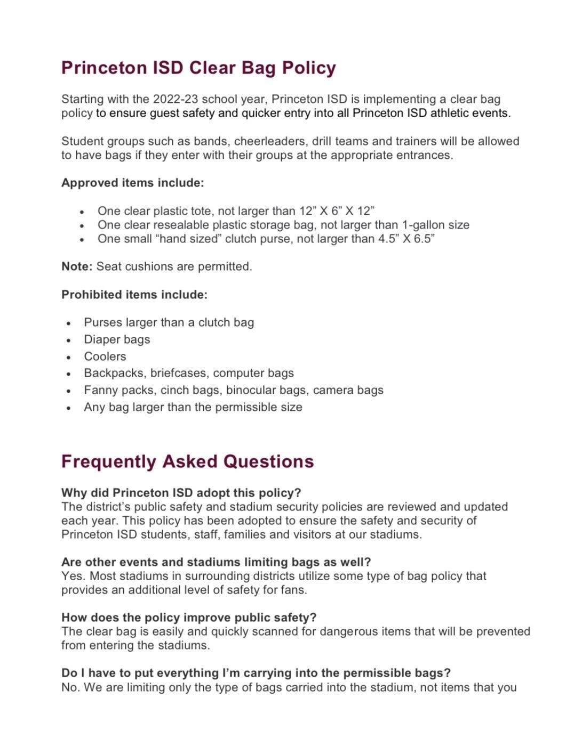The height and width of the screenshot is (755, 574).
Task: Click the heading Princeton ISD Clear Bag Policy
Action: (x=198, y=68)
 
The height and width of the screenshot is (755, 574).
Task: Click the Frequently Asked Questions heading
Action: (x=187, y=461)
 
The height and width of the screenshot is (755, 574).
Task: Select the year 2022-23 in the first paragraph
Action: (x=176, y=99)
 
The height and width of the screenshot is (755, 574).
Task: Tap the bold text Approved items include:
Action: (x=132, y=183)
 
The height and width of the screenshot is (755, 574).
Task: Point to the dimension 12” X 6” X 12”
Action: (x=336, y=211)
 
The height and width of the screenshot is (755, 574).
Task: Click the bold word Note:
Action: (x=77, y=266)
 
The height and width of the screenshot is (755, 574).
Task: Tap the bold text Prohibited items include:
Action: (x=134, y=295)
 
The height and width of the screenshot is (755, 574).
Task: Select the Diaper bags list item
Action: (x=117, y=339)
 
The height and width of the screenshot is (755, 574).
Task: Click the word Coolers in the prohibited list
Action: (x=105, y=356)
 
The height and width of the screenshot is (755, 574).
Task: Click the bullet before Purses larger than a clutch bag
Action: (x=69, y=323)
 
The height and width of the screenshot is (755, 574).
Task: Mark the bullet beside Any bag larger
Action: (x=69, y=408)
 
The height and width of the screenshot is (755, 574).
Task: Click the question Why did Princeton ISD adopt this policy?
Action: (x=181, y=492)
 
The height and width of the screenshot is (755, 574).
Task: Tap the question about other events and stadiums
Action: (x=216, y=562)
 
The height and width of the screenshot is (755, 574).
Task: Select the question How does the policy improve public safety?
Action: (x=189, y=618)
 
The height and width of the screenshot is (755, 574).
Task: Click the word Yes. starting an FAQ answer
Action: (x=73, y=576)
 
